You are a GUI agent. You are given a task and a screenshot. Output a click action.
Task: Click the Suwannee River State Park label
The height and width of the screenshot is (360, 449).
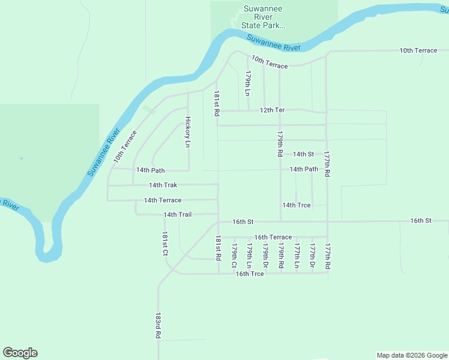(x=262, y=17)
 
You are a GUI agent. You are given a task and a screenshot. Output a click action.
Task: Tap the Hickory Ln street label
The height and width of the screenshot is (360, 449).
(x=187, y=132)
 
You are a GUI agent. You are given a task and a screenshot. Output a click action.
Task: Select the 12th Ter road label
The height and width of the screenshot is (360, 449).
(x=271, y=110)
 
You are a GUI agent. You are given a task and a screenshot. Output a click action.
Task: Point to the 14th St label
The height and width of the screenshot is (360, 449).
(x=303, y=154)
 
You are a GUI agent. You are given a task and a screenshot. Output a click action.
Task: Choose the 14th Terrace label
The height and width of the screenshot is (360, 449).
(x=162, y=200)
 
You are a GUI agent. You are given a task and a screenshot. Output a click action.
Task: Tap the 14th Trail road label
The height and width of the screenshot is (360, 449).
(x=177, y=214)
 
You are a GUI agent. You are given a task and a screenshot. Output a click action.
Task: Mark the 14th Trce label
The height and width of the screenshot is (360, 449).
(x=297, y=205)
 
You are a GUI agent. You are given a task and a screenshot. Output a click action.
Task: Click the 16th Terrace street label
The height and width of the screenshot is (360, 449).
(x=273, y=238)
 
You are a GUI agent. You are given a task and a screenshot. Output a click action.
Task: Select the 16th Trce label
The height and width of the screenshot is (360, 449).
(x=250, y=274)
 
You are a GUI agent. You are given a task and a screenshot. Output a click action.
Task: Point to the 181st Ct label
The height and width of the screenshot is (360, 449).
(x=164, y=244)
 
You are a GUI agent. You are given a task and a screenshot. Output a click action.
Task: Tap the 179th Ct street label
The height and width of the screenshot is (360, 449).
(x=234, y=255)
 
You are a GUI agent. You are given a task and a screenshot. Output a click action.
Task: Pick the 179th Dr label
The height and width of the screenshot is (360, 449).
(x=265, y=255)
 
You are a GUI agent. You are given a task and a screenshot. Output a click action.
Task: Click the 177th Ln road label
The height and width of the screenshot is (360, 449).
(x=297, y=255)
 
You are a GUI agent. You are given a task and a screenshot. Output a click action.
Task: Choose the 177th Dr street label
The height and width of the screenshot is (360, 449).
(x=312, y=255)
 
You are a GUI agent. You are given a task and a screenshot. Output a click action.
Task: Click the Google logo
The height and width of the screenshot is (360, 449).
(x=20, y=353)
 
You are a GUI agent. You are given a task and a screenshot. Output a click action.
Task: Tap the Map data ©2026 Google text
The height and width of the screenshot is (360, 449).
(x=411, y=355)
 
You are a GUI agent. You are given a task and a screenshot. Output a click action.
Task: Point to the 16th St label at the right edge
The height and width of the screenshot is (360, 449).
(x=421, y=221)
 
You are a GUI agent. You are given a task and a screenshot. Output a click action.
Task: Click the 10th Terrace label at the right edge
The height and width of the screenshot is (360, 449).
(x=418, y=50)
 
